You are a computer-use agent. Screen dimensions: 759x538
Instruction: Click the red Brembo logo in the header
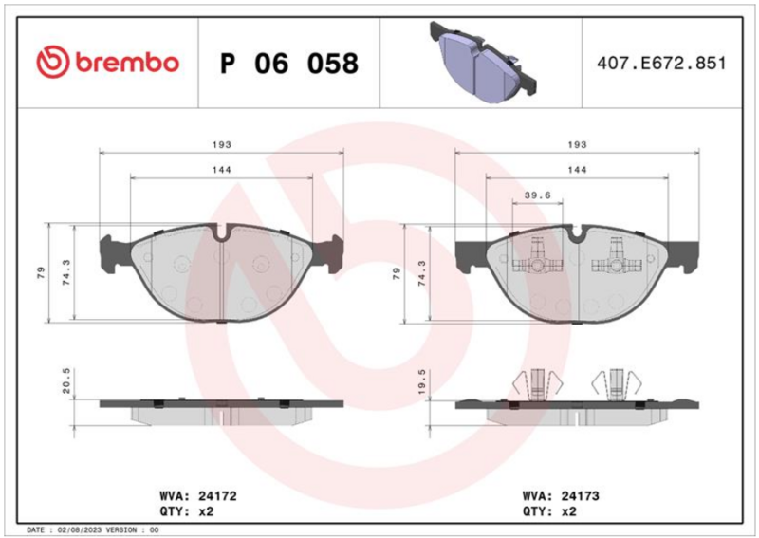tap(108, 63)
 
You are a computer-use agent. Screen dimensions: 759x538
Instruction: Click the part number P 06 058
tap(289, 64)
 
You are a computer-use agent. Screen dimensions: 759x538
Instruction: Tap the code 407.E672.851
tap(661, 64)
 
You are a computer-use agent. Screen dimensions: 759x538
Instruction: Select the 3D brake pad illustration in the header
tap(483, 62)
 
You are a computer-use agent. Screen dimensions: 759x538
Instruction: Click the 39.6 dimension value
tap(538, 195)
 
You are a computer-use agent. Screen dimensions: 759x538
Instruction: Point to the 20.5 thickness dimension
tap(66, 380)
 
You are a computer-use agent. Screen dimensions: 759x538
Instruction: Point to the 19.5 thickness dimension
tap(421, 381)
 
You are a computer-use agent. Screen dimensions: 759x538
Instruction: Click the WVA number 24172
tap(217, 496)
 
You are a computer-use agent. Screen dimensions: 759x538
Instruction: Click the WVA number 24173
tap(580, 496)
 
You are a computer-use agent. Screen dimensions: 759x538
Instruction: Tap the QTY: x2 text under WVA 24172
tap(186, 511)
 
